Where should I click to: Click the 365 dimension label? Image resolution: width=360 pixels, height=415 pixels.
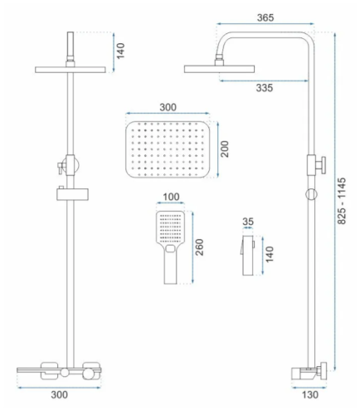(x=265, y=17)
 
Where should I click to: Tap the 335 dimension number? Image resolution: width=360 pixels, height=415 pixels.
(x=265, y=88)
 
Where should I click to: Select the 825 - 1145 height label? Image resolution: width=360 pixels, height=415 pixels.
(x=342, y=201)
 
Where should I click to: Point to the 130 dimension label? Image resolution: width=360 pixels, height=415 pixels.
(x=310, y=395)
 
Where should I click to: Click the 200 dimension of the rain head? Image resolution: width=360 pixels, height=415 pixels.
(x=225, y=149)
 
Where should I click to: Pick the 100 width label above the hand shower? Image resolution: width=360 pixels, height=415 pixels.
(x=171, y=197)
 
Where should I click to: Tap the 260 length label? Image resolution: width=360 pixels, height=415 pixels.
(x=199, y=247)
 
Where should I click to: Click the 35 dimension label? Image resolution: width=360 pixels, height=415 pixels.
(x=248, y=222)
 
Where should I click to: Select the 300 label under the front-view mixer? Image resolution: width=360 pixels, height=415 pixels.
(x=59, y=395)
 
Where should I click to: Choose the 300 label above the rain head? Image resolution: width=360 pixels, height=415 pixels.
(x=168, y=107)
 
